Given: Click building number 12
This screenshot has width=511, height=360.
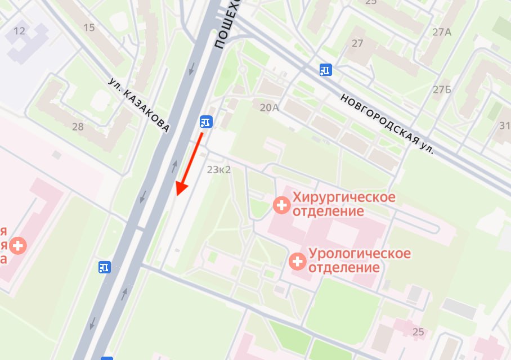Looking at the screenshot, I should [x=20, y=30].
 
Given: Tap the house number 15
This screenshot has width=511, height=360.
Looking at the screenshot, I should [x=89, y=27].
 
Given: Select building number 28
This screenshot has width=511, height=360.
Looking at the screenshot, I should [x=78, y=127].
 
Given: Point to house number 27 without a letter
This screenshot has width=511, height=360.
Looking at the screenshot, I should [x=357, y=43].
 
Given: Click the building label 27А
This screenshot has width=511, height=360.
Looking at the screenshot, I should [x=442, y=32].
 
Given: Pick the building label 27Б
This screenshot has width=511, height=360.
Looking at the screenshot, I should [x=442, y=89].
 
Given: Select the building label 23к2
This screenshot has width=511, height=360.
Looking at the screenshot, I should [x=219, y=169].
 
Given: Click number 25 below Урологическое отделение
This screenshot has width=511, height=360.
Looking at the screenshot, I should [x=418, y=332].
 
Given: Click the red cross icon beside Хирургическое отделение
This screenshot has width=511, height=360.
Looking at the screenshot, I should [x=281, y=205].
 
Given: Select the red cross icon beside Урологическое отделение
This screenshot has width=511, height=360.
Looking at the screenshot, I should [x=297, y=260].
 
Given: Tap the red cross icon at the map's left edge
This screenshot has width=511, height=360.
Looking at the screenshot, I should [x=18, y=245].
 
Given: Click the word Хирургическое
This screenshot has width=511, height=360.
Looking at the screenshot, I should [x=343, y=197].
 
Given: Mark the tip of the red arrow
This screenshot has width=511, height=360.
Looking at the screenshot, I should [x=177, y=195].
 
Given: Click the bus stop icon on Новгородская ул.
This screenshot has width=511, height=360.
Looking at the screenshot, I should [x=325, y=70].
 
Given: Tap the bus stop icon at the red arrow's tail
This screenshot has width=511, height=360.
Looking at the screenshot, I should [x=205, y=121].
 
